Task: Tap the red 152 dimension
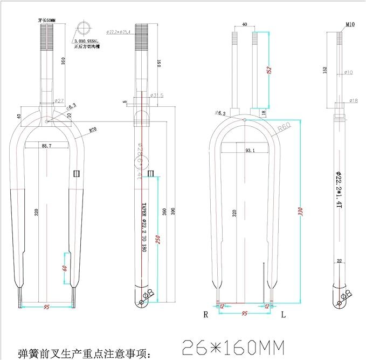268,70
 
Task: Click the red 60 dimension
65,268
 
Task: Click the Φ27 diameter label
59,100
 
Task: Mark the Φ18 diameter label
353,100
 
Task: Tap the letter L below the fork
284,314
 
